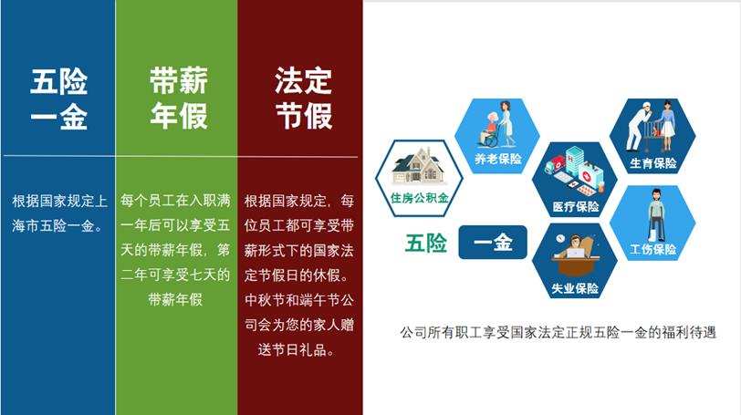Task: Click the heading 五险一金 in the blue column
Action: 59,99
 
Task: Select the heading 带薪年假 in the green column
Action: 179,99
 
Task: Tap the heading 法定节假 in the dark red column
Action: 303,99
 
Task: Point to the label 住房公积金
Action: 419,198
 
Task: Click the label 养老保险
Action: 498,159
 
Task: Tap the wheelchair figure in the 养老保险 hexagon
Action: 492,130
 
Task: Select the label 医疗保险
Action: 576,206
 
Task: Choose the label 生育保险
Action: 653,163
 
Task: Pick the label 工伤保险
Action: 653,249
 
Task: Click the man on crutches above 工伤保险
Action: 656,215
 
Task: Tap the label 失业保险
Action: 575,288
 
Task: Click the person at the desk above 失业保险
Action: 575,255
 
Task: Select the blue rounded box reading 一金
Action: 493,243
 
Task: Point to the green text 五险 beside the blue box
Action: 426,244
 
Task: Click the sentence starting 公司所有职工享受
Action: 558,332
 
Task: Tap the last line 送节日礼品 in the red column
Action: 297,350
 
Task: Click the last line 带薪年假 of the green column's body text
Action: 175,299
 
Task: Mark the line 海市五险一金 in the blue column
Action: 57,225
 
